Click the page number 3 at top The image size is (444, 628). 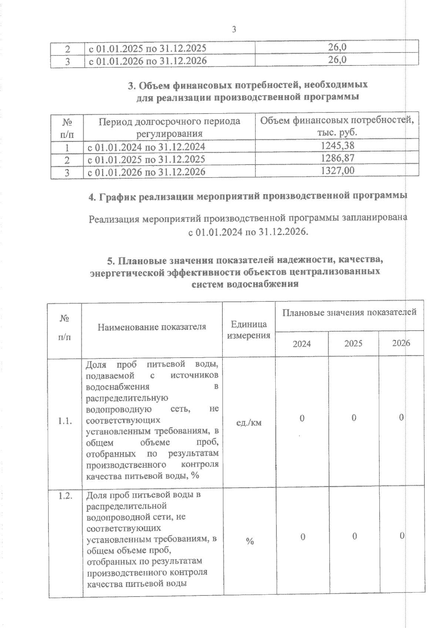[234, 30]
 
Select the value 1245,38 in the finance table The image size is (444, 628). [337, 146]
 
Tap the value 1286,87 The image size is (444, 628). [337, 158]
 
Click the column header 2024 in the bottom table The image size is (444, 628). [302, 344]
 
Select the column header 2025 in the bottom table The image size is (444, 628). [353, 344]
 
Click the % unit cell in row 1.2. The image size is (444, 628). [250, 542]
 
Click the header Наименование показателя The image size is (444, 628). [152, 327]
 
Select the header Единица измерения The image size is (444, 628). [249, 330]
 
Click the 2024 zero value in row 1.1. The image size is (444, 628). [302, 419]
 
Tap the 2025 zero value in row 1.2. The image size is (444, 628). [354, 537]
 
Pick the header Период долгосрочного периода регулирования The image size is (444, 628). [169, 127]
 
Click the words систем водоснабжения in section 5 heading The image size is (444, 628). [245, 284]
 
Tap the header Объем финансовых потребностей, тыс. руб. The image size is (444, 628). [337, 126]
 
